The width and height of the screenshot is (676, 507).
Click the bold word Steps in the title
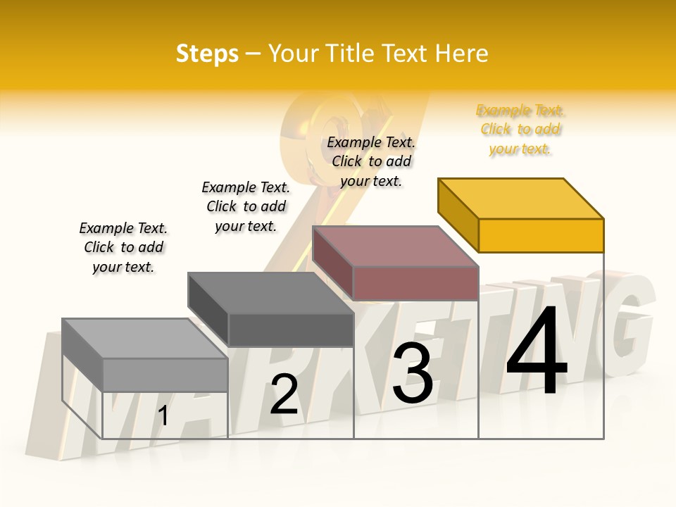pyautogui.click(x=207, y=54)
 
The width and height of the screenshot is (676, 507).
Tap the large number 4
pyautogui.click(x=537, y=352)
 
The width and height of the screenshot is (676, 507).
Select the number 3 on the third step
pyautogui.click(x=413, y=373)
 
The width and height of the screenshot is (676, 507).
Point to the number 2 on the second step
pyautogui.click(x=284, y=395)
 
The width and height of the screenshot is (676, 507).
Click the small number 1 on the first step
pyautogui.click(x=163, y=416)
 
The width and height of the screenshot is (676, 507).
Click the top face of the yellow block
pyautogui.click(x=521, y=199)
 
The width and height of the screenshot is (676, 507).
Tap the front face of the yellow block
pyautogui.click(x=541, y=235)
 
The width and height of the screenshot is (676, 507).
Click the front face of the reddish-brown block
pyautogui.click(x=415, y=284)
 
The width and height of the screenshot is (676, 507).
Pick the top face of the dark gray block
pyautogui.click(x=270, y=293)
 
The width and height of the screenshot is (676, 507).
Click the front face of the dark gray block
pyautogui.click(x=290, y=330)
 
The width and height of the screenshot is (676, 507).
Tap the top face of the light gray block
pyautogui.click(x=144, y=339)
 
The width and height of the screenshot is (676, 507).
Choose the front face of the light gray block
pyautogui.click(x=165, y=375)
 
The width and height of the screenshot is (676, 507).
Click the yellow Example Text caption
pyautogui.click(x=520, y=130)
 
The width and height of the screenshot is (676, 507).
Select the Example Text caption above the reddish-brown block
pyautogui.click(x=371, y=161)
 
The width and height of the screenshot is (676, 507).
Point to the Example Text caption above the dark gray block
pyautogui.click(x=246, y=206)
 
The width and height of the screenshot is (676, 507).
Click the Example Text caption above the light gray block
pyautogui.click(x=123, y=247)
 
